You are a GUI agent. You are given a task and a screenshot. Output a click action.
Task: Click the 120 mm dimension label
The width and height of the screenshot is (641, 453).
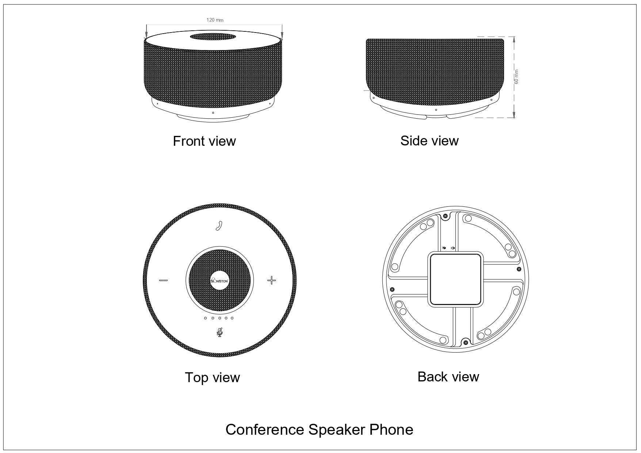pyautogui.click(x=215, y=20)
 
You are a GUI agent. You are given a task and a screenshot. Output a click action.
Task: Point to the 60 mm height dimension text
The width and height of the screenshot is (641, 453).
pyautogui.click(x=516, y=77)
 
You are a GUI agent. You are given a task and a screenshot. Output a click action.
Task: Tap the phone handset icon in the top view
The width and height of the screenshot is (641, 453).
pyautogui.click(x=219, y=226)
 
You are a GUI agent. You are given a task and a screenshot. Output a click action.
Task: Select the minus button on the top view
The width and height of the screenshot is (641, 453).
pyautogui.click(x=163, y=281)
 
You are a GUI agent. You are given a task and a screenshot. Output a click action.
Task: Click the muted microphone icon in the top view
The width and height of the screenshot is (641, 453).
pyautogui.click(x=220, y=332)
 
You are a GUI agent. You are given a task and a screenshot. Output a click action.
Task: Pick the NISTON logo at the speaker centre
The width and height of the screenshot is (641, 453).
pyautogui.click(x=220, y=281)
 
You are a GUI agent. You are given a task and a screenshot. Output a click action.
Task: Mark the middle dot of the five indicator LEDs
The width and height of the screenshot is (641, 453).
pyautogui.click(x=219, y=318)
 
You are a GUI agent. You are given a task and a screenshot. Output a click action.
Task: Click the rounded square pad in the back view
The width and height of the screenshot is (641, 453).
pyautogui.click(x=455, y=280)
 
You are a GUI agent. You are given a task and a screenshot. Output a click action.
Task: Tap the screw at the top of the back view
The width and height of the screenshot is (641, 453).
pyautogui.click(x=446, y=216)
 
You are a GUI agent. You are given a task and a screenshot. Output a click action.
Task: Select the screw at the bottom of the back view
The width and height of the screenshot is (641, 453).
pyautogui.click(x=465, y=343)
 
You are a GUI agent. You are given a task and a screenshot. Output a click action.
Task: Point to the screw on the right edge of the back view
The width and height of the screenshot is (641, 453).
pyautogui.click(x=519, y=269)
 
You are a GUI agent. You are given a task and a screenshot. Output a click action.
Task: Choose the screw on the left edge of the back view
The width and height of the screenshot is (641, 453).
pyautogui.click(x=392, y=289)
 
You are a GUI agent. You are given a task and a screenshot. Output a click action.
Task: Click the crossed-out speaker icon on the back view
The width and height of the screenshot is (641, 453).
pyautogui.click(x=444, y=248)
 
